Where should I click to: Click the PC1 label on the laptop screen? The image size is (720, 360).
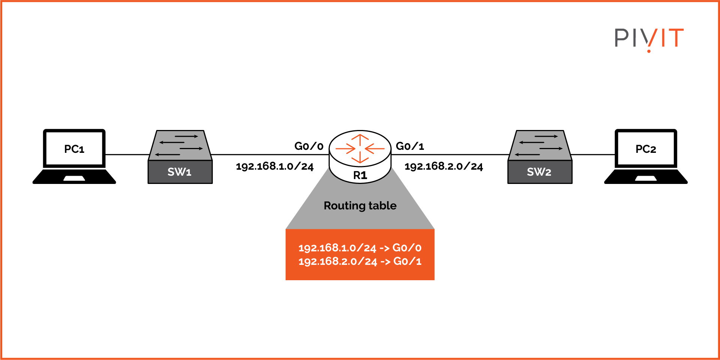(x=74, y=149)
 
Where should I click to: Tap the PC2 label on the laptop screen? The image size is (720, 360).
(x=646, y=149)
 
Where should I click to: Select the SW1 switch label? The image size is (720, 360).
(x=180, y=172)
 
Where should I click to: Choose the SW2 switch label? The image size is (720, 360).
(x=539, y=172)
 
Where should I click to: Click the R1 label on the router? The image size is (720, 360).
(x=360, y=175)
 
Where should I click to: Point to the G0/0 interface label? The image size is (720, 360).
(x=309, y=146)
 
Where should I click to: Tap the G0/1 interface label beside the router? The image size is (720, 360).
(x=410, y=146)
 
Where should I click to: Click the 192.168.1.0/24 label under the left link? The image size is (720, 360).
(x=275, y=166)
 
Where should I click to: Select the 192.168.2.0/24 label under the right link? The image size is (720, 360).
(x=444, y=166)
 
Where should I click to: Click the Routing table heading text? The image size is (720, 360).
(x=360, y=206)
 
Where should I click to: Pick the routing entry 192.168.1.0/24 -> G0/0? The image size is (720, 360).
(x=360, y=248)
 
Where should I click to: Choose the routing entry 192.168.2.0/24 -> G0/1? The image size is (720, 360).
(x=360, y=261)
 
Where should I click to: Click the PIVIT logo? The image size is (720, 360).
(x=649, y=39)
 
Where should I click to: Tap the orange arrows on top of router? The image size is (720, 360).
(x=360, y=149)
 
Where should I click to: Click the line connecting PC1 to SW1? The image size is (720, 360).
(x=127, y=154)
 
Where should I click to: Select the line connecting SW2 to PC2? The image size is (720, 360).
(x=593, y=154)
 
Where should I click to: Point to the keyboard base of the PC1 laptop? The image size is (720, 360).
(x=74, y=177)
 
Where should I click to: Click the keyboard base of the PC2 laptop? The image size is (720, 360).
(x=646, y=177)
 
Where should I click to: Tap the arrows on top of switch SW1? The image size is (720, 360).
(x=180, y=145)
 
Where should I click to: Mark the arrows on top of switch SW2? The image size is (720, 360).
(x=540, y=145)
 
